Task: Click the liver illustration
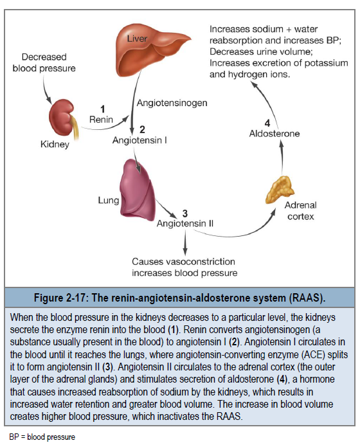coord(147,51)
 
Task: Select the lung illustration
coord(138,190)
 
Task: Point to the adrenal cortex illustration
coord(280,190)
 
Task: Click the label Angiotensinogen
coord(172,103)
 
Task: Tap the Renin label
coord(101,120)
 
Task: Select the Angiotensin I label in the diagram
coord(139,140)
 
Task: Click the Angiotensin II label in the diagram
coord(185,223)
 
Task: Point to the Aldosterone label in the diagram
coord(274,133)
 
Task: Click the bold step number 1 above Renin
coord(103,109)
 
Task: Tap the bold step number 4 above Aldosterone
coord(267,123)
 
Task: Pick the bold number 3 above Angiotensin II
coord(185,213)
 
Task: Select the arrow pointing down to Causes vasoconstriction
coord(185,243)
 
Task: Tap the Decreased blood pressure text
coord(44,62)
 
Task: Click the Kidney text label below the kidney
coord(55,144)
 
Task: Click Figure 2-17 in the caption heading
coord(60,298)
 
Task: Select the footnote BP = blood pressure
coord(42,437)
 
